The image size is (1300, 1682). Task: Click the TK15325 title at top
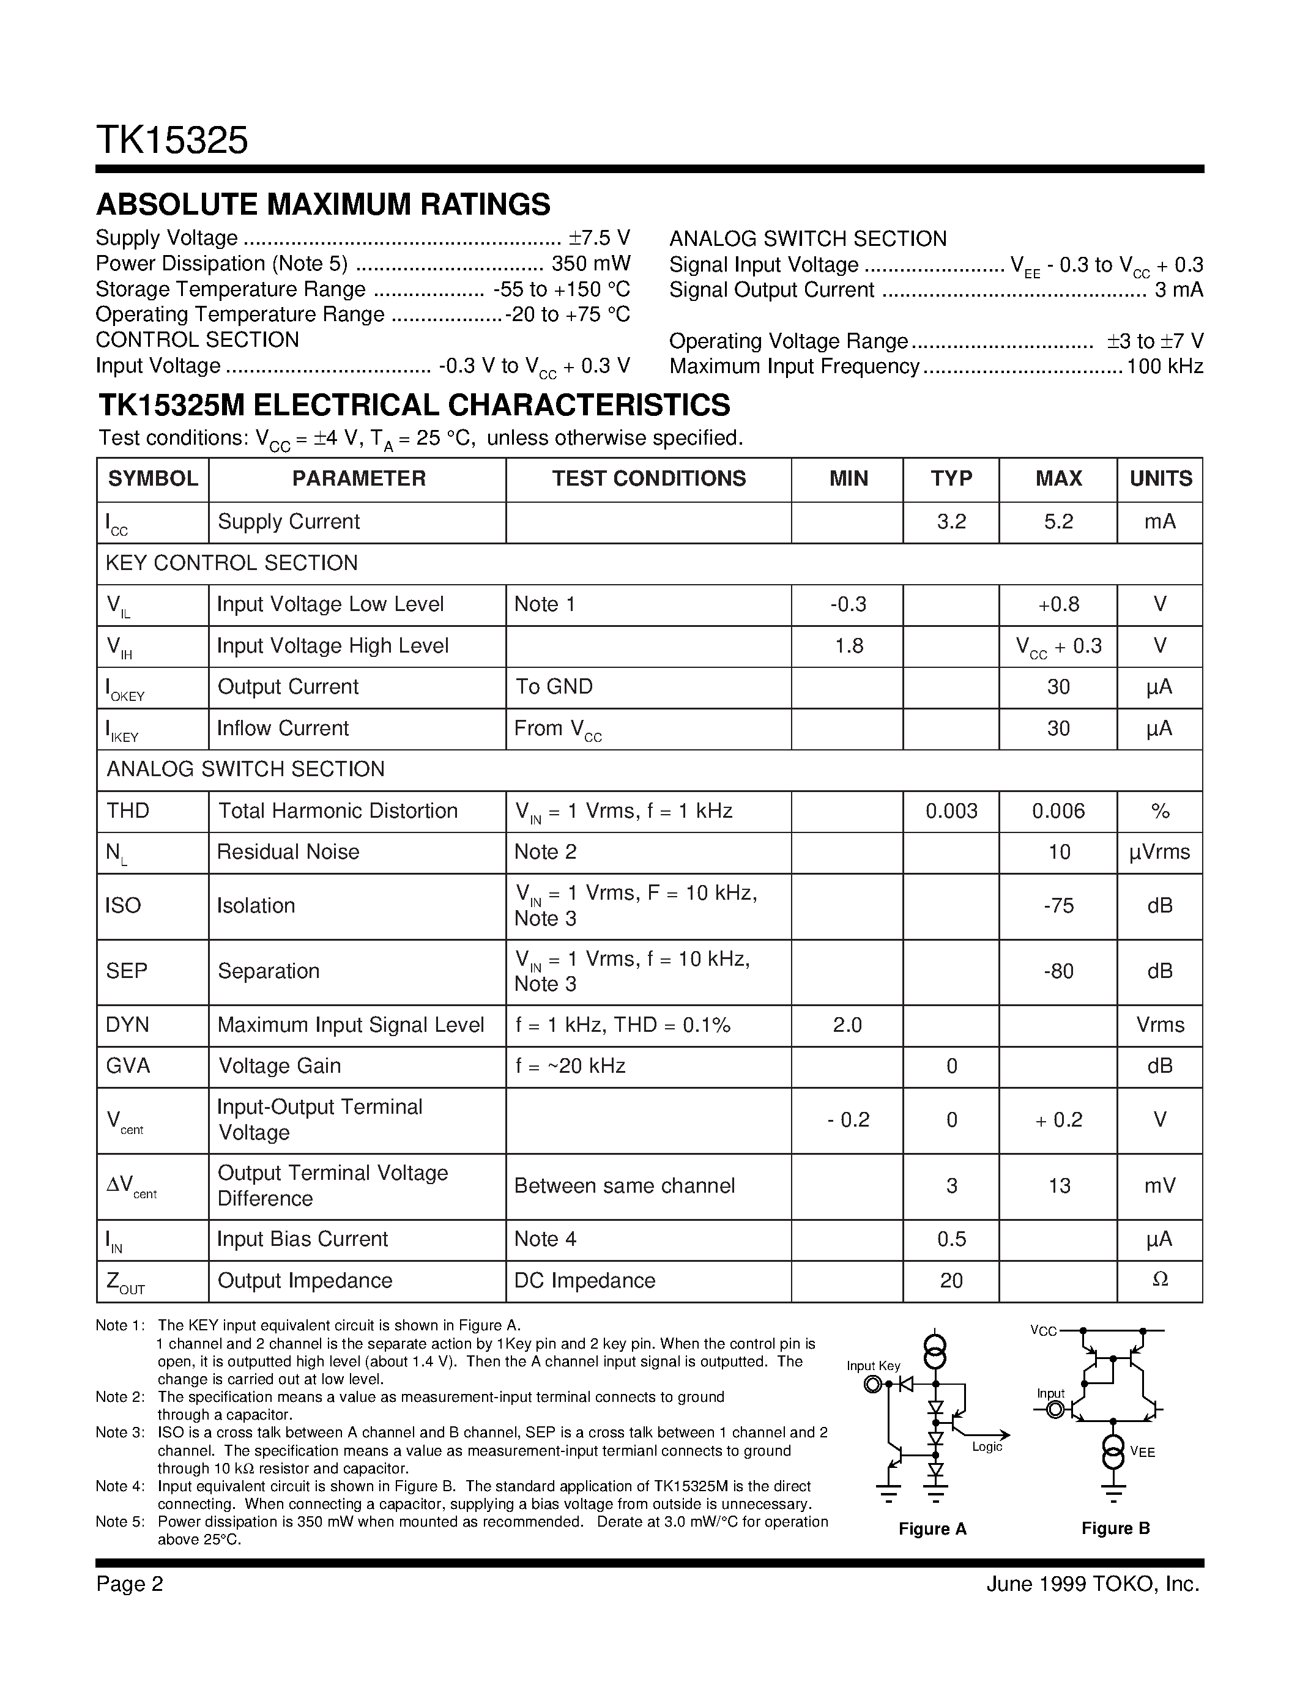172,141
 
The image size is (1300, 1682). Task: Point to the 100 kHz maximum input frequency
1164,366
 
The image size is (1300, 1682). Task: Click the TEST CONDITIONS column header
648,479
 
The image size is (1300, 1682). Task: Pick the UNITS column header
1160,479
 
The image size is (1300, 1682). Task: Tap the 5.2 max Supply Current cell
1058,522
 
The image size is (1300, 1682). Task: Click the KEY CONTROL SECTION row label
232,563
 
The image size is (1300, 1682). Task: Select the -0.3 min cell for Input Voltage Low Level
848,604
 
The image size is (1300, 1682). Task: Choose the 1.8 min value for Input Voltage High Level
849,646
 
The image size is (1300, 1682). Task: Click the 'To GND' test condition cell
554,687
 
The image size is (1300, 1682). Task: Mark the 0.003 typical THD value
951,811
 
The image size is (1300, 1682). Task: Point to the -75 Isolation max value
1058,906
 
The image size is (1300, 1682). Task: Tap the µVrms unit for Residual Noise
1159,853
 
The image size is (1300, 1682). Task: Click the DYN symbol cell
127,1025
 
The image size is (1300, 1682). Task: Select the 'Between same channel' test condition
625,1186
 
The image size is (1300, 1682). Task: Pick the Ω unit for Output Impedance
1160,1280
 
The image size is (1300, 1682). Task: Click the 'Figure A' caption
932,1528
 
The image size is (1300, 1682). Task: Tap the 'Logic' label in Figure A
987,1447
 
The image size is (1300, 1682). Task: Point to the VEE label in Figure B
1142,1452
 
